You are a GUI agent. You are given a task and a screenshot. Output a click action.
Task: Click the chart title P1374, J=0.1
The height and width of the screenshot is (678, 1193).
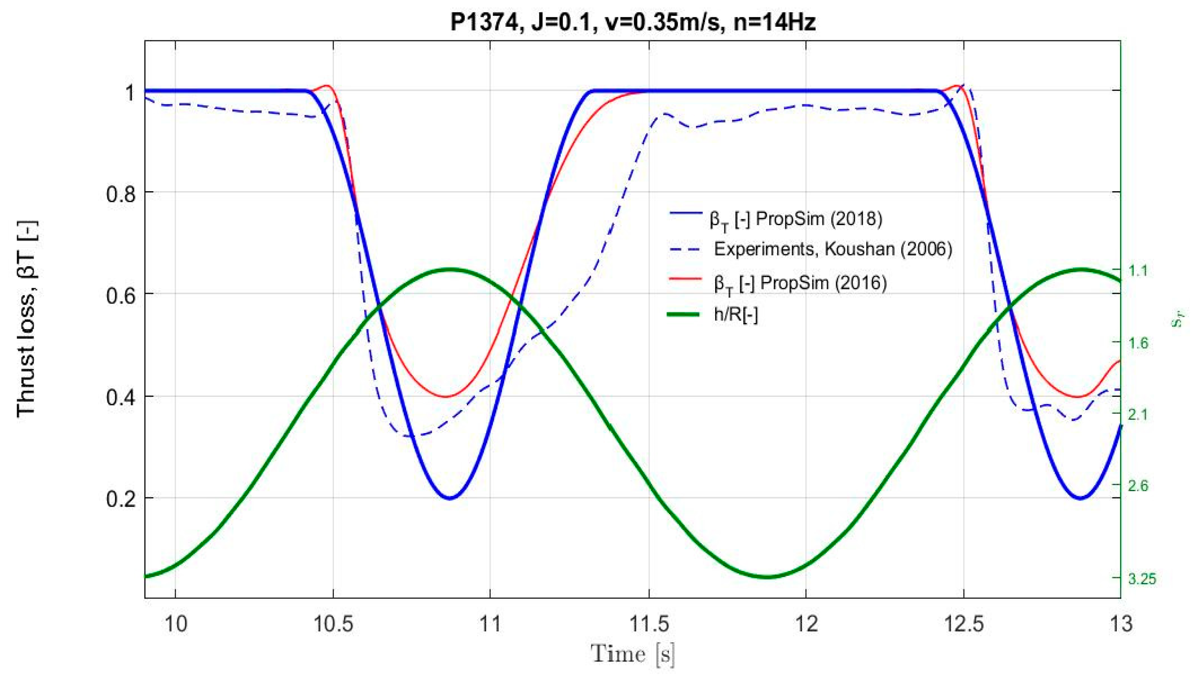pos(632,22)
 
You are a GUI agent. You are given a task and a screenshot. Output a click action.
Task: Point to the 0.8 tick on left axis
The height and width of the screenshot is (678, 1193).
pos(122,193)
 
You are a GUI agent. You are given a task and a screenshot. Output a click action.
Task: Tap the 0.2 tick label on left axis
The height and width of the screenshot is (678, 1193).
pos(122,499)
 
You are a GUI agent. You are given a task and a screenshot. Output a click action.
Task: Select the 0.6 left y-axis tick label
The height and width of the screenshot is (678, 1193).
pos(122,295)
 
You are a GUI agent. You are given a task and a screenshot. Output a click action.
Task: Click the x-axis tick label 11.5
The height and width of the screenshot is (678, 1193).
pos(648,624)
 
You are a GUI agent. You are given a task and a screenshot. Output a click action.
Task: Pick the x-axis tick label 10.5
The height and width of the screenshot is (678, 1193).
pos(333,624)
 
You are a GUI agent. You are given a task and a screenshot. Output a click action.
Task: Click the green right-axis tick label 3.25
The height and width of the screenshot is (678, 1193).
pos(1142,579)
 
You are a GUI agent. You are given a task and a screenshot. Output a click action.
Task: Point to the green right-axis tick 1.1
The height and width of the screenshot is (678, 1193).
pos(1138,270)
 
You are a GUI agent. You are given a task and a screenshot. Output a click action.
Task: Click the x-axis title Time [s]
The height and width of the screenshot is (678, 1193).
pos(632,654)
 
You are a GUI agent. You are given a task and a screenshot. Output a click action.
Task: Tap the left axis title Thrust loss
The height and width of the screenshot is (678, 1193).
pos(27,319)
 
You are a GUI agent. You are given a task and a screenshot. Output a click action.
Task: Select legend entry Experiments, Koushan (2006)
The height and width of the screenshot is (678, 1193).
pos(833,250)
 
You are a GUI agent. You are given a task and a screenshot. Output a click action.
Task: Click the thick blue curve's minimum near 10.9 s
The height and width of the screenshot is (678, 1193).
pos(450,498)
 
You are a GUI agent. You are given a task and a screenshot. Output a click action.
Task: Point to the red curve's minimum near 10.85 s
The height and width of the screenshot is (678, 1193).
pos(446,397)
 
